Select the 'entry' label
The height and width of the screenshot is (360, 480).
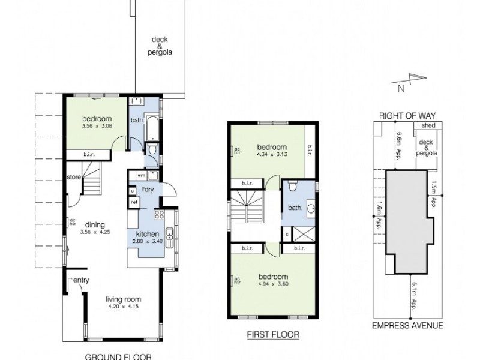tap(82, 280)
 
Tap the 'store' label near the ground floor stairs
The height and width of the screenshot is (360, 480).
tap(74, 177)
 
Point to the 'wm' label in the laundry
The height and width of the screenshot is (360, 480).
tap(140, 175)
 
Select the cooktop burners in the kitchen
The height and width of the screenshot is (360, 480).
tap(161, 214)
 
